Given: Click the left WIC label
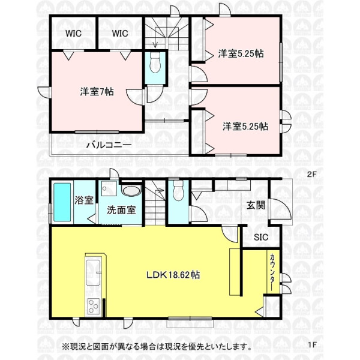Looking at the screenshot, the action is click(73, 34).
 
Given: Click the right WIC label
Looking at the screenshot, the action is click(120, 34).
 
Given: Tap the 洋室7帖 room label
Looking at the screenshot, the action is click(97, 92).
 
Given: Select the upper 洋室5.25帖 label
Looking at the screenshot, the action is click(241, 53).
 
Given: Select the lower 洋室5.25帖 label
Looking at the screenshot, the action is click(245, 127).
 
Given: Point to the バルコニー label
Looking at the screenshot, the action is click(109, 145).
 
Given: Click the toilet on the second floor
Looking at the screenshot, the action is click(155, 62).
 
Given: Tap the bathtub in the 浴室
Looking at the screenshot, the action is click(62, 202).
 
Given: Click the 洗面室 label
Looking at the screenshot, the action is click(121, 210).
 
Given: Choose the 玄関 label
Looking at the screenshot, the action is click(256, 205).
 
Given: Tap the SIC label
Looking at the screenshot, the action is click(261, 237).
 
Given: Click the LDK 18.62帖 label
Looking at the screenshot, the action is click(173, 275).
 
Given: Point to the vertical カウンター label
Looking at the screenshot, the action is click(272, 272).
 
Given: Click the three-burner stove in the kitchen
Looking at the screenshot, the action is click(93, 307).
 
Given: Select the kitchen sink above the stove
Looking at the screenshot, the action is click(93, 272).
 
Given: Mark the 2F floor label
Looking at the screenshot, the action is click(311, 174).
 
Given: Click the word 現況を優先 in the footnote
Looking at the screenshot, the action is click(187, 346).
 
